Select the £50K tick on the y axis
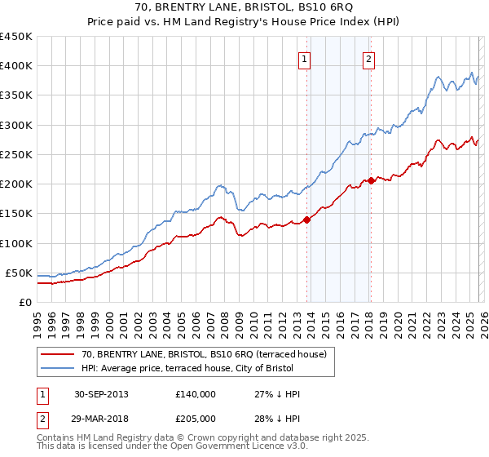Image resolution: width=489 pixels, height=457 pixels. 19,273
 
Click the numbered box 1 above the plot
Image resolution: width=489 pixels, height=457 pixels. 304,59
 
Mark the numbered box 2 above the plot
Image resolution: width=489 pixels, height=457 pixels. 369,59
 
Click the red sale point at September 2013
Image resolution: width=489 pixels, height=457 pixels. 307,219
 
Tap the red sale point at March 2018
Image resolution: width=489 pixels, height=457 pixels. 372,180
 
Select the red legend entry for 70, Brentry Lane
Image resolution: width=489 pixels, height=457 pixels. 204,354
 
